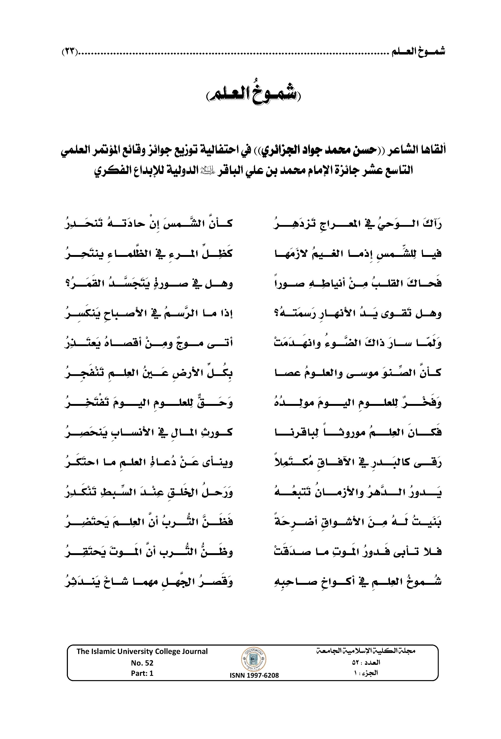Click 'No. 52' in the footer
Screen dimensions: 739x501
[x=142, y=662]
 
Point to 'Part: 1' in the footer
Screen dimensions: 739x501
[x=142, y=673]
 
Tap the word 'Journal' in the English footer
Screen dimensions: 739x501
[x=194, y=651]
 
